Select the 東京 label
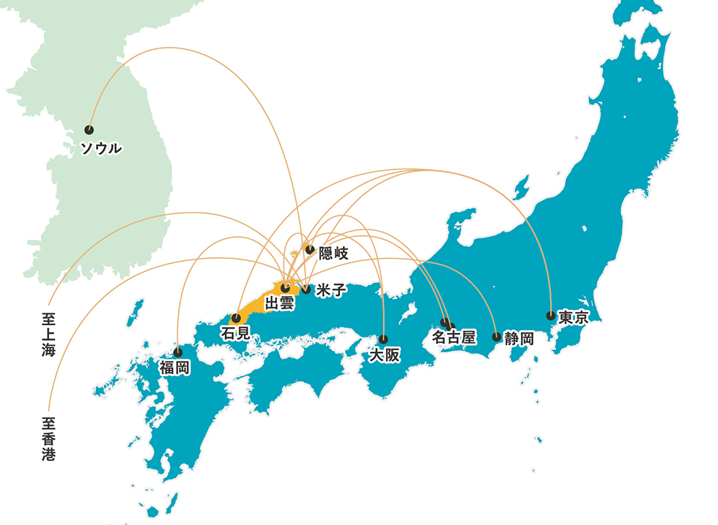click(574, 318)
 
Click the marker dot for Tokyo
click(550, 316)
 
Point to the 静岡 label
click(519, 339)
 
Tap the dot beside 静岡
click(497, 337)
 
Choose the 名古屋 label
click(454, 338)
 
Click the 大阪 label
click(385, 356)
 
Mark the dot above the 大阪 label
click(383, 339)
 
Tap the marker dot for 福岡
click(178, 351)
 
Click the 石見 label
click(235, 333)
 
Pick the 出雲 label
click(279, 303)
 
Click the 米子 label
click(331, 290)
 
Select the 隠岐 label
click(333, 253)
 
